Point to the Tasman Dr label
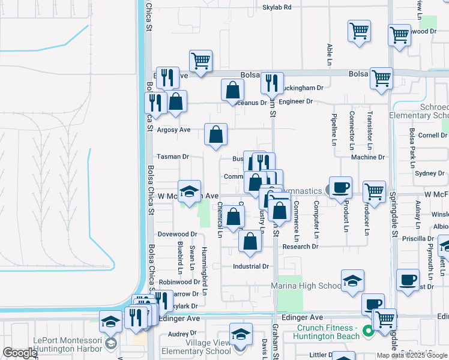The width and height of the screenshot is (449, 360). [173, 157]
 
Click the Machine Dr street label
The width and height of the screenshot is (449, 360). [368, 157]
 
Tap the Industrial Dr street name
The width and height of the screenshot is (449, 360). [251, 266]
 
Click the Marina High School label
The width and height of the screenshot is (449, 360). [306, 286]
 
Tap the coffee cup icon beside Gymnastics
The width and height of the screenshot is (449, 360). [340, 187]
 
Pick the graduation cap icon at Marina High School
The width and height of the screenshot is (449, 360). [352, 280]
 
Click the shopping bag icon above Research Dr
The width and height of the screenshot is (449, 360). [250, 242]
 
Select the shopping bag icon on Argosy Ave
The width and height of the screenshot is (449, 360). [216, 135]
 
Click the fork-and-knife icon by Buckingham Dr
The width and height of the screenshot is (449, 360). [274, 82]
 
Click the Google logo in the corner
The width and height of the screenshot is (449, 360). [20, 353]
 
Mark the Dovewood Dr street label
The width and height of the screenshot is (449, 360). [177, 234]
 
